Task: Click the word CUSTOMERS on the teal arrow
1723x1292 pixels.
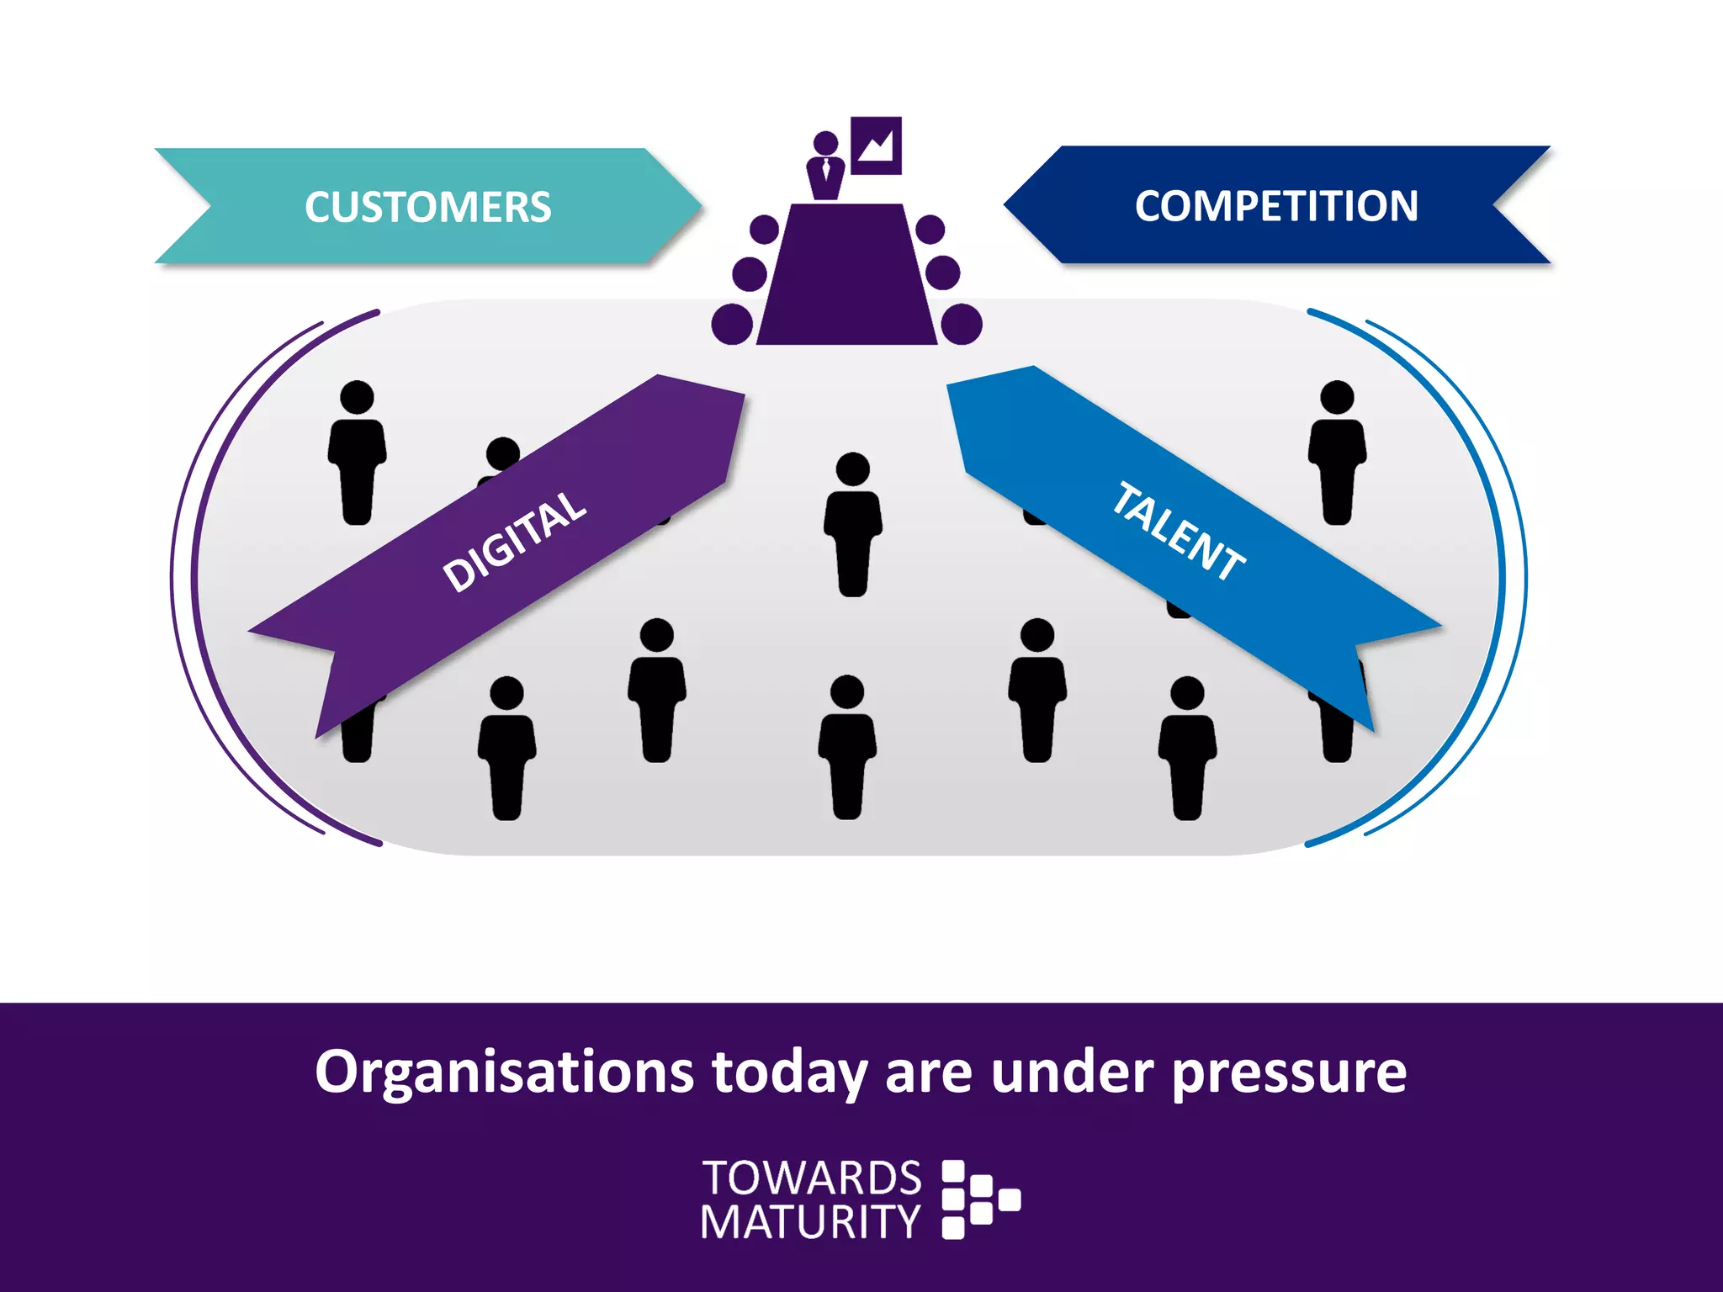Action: [x=427, y=207]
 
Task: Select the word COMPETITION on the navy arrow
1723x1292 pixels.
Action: [x=1276, y=206]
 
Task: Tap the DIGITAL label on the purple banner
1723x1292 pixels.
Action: [x=514, y=541]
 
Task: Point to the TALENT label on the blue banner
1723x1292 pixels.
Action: [x=1178, y=532]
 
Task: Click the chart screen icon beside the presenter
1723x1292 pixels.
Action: [x=876, y=146]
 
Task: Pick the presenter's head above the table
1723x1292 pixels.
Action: [x=825, y=143]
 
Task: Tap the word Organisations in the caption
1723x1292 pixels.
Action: [x=504, y=1072]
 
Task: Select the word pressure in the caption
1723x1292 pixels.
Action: [x=1289, y=1072]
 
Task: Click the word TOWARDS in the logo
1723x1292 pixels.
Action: [x=812, y=1178]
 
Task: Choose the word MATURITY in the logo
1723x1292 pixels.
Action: [x=810, y=1222]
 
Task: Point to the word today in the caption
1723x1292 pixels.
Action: [x=789, y=1072]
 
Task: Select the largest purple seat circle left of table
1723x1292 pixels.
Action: [x=732, y=324]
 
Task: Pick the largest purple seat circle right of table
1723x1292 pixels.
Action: [x=962, y=324]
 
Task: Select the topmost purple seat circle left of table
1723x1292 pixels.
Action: [x=764, y=229]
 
